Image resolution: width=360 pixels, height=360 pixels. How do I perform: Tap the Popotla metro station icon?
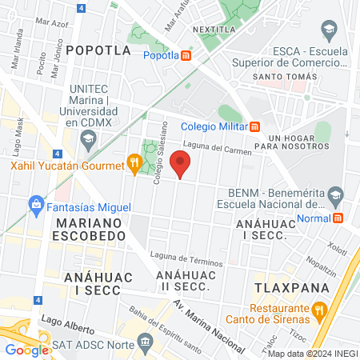coord(186,55)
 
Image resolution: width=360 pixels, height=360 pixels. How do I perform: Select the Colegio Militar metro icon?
coord(255,125)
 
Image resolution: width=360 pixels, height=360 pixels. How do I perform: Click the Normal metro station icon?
coord(338,218)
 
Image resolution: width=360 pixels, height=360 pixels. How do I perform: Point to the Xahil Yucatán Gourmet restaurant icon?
coord(134,165)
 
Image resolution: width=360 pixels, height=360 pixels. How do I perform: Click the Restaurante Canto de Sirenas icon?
coord(319,309)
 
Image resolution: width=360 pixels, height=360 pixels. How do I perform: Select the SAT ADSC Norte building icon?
coord(144,342)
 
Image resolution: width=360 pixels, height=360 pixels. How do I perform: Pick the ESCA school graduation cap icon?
coord(328,31)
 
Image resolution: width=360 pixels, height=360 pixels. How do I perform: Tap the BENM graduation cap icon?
coord(337,194)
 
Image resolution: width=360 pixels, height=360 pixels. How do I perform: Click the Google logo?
coord(27,350)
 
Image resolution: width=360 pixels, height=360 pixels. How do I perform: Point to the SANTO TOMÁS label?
coord(281,77)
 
